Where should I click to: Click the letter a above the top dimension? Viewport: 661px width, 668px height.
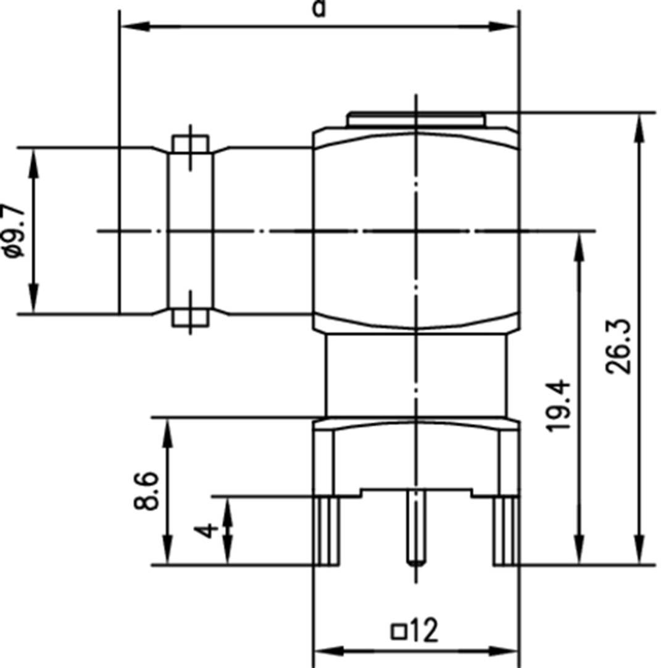click(x=318, y=8)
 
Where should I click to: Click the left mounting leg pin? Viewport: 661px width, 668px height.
click(x=328, y=531)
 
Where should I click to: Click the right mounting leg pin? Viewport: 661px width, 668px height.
click(x=505, y=531)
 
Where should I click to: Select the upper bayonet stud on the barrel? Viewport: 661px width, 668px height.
click(x=190, y=144)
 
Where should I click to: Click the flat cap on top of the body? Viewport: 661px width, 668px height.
click(x=417, y=119)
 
